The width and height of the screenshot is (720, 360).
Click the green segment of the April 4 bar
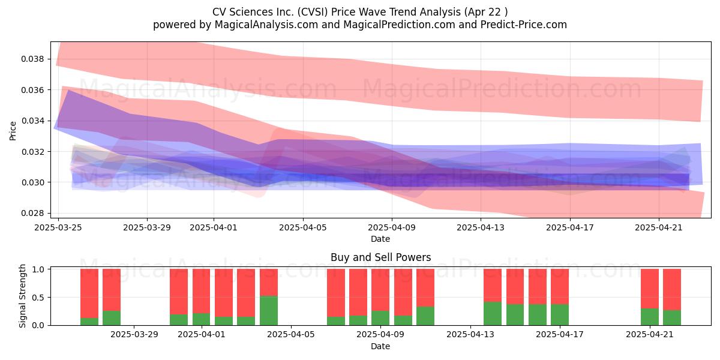pos(269,311)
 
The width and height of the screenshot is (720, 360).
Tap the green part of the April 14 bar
pos(493,313)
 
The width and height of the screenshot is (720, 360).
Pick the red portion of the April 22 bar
pos(672,290)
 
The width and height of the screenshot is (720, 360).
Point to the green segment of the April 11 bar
pos(425,316)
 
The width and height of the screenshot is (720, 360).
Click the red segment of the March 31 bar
pos(179,292)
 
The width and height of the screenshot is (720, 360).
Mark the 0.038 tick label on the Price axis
pos(32,59)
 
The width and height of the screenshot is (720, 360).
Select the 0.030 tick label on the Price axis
pos(32,182)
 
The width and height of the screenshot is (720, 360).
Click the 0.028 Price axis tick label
pos(32,213)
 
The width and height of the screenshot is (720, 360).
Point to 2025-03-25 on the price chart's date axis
pos(58,227)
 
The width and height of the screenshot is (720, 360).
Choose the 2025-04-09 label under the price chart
pos(392,227)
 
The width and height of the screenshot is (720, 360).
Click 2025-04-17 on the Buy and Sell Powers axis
pos(560,335)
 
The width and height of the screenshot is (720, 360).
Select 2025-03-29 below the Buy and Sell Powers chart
pos(134,335)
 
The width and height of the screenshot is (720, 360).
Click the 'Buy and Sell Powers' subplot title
pos(381,257)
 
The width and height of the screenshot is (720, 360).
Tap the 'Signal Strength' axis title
pos(22,296)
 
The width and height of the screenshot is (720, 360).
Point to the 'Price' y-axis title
pos(13,131)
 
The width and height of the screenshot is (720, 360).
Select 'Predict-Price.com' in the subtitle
pos(524,25)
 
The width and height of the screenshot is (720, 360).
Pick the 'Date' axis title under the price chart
pos(380,239)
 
